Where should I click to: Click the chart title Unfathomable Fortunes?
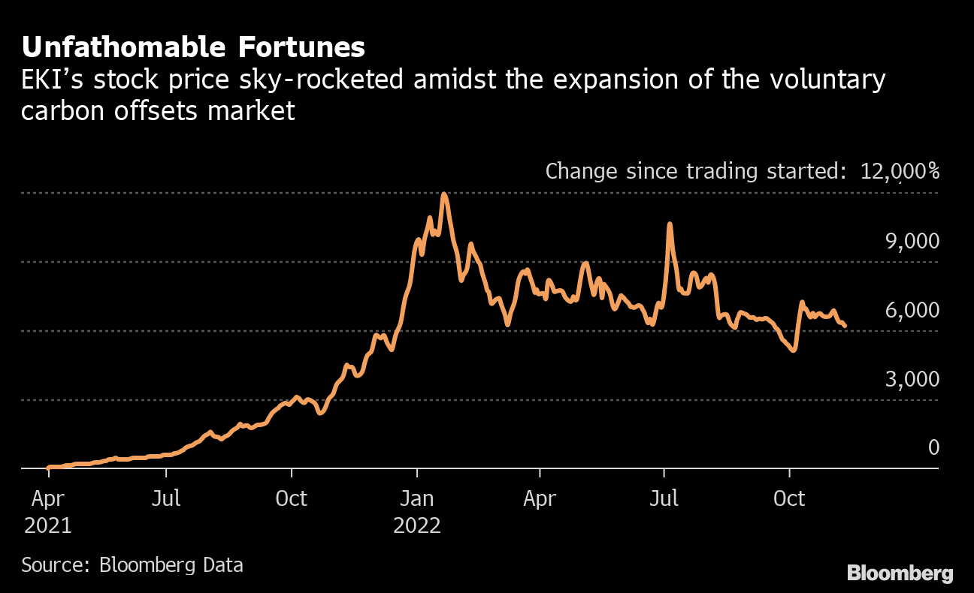point(193,47)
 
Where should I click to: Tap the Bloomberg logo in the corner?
point(900,573)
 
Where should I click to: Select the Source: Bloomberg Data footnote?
point(132,565)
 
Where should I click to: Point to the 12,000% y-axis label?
point(900,171)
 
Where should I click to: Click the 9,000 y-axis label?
point(912,241)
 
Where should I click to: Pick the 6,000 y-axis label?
point(912,310)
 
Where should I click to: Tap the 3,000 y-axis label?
point(912,379)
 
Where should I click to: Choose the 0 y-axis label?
point(933,448)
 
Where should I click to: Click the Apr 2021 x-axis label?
point(47,511)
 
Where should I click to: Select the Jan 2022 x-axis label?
point(417,511)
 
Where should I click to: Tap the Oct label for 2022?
point(789,498)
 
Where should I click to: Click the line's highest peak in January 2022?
point(444,194)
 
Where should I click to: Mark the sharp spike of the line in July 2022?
point(669,224)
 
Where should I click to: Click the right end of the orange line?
point(845,326)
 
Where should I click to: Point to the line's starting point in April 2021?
point(48,467)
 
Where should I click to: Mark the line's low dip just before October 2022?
point(793,350)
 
